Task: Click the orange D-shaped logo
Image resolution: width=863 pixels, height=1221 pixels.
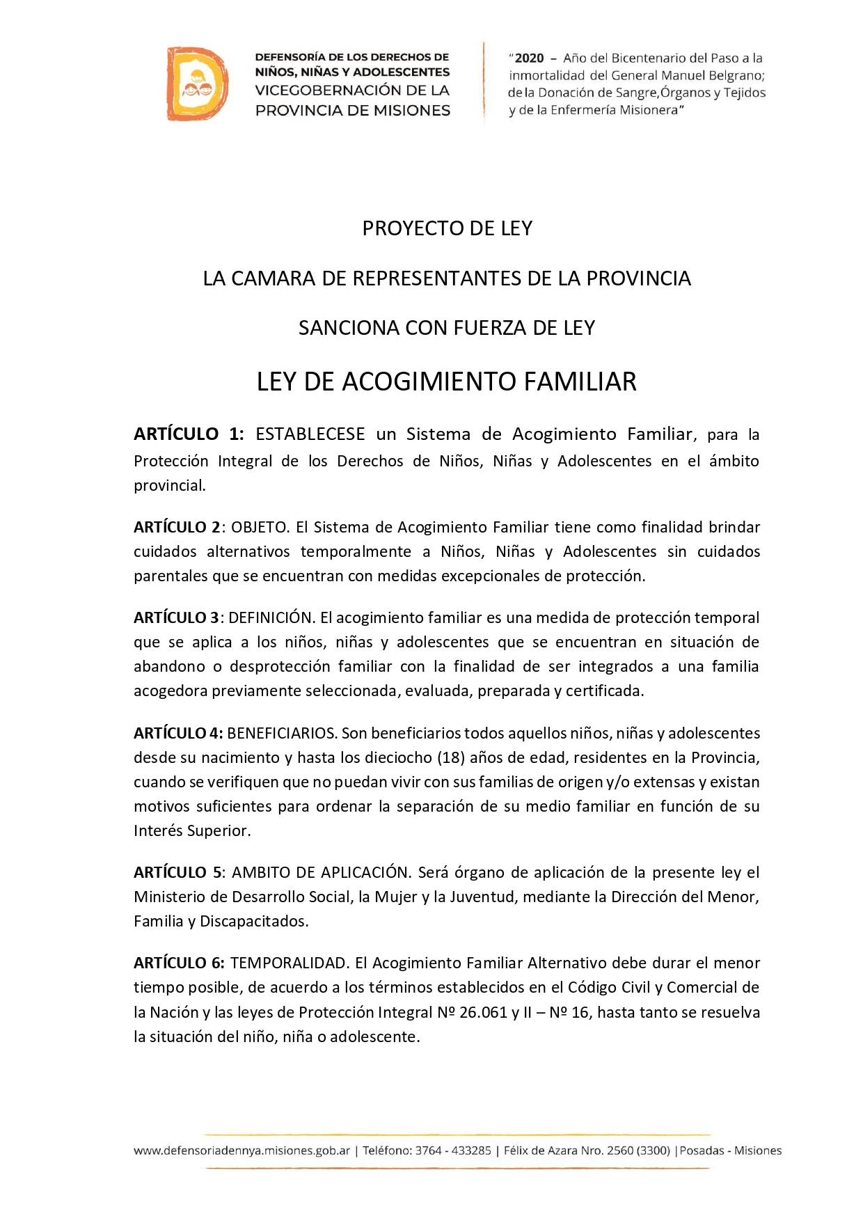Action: point(197,84)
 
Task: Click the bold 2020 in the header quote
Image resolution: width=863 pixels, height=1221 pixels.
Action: point(529,58)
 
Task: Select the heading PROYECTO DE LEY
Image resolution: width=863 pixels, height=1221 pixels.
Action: point(447,228)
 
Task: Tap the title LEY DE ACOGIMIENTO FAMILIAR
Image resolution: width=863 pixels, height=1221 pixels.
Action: point(447,381)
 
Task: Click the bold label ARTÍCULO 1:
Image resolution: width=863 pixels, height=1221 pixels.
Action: point(189,434)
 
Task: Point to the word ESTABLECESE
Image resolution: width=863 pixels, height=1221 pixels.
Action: point(310,434)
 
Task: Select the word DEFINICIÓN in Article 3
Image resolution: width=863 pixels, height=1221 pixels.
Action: point(271,617)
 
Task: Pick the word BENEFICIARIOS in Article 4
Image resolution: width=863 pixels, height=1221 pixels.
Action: point(281,733)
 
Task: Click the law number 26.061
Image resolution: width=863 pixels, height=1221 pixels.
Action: point(483,1012)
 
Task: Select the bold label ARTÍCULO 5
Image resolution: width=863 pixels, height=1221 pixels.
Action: point(177,872)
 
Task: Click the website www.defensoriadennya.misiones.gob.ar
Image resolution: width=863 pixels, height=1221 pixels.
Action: point(242,1151)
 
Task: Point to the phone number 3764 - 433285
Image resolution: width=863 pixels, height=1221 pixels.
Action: point(453,1151)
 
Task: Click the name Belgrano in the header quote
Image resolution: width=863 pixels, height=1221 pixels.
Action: point(736,75)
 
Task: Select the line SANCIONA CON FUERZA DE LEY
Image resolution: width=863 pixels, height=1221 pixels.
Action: point(447,328)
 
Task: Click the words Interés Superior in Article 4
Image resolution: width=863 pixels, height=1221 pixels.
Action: point(191,830)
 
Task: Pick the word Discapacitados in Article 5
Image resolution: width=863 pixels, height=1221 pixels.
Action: point(253,921)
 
